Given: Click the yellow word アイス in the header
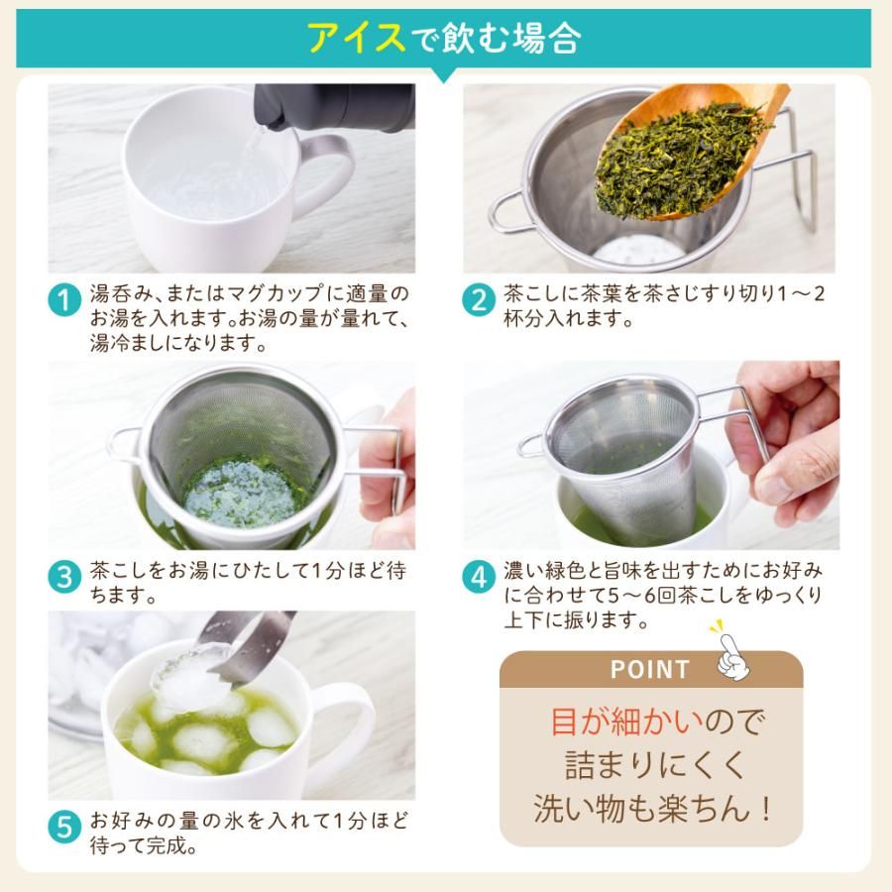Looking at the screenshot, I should coord(356,39).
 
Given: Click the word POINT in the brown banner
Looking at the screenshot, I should coord(649,669).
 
